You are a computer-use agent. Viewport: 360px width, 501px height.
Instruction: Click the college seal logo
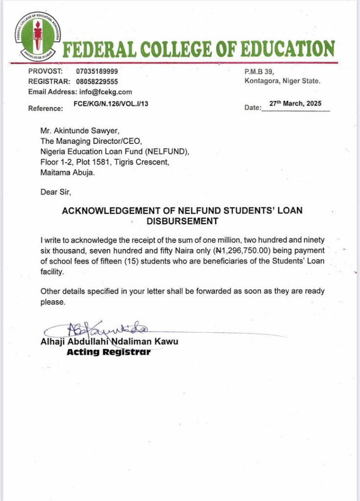tap(37, 34)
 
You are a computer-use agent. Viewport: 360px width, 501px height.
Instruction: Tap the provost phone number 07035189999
tap(97, 71)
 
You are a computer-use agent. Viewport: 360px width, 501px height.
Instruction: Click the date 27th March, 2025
tap(295, 103)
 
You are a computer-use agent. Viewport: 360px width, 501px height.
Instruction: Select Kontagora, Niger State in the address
tap(282, 81)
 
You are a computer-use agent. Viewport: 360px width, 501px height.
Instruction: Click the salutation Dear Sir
tap(56, 192)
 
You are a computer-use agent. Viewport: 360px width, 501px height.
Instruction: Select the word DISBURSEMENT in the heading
tap(182, 221)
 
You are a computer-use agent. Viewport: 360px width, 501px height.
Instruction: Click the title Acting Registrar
tap(108, 352)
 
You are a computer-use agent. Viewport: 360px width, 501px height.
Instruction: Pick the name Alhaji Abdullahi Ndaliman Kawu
tap(109, 342)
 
